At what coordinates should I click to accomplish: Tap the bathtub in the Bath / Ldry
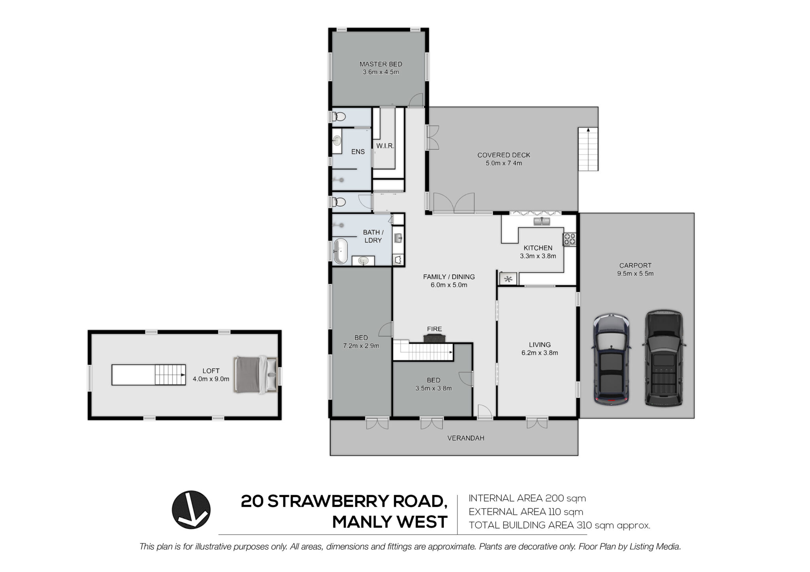tap(340, 251)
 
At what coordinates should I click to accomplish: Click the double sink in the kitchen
tap(542, 221)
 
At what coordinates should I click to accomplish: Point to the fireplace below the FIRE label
tap(434, 338)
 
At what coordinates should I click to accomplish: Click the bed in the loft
tap(256, 375)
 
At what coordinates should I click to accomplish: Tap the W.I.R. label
tap(385, 146)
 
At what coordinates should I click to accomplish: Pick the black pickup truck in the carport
tap(664, 358)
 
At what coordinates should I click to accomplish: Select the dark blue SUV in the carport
tap(611, 359)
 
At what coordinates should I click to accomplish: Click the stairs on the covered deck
tap(588, 149)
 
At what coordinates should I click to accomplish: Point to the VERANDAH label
tap(466, 438)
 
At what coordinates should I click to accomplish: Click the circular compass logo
tap(191, 510)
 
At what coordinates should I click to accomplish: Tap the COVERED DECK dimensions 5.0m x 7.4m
tap(504, 163)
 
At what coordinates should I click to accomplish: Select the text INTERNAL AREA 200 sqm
tap(527, 498)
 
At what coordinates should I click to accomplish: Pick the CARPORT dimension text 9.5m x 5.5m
tap(635, 274)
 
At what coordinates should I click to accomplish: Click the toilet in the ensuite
tap(339, 117)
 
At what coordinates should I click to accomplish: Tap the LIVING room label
tap(539, 345)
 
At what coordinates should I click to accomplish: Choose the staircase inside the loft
tap(149, 374)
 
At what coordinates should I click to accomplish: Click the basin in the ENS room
tap(337, 141)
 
